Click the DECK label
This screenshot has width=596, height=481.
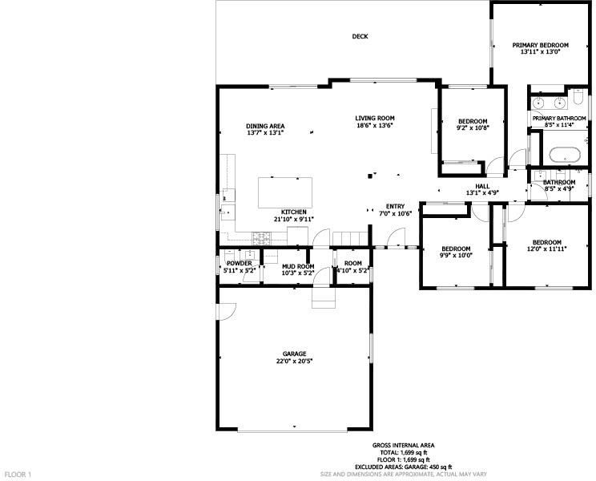tap(360, 37)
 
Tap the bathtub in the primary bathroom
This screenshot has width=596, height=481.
tap(565, 155)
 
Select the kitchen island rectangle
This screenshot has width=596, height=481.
tap(285, 192)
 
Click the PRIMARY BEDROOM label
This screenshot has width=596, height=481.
tap(540, 45)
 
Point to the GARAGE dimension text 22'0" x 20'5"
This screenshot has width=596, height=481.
tap(295, 362)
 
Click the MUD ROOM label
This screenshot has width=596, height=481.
tap(298, 266)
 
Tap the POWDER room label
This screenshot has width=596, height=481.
tap(239, 264)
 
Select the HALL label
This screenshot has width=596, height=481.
tap(483, 186)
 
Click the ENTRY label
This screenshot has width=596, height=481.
tap(395, 207)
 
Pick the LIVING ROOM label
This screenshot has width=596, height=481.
tap(375, 119)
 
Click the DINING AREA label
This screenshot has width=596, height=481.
tap(265, 126)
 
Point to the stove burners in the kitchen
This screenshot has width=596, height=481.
tap(262, 238)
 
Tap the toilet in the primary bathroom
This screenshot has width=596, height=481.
tap(578, 97)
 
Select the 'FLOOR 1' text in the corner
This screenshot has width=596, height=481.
tap(18, 475)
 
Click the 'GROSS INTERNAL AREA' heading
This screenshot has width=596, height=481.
tap(403, 445)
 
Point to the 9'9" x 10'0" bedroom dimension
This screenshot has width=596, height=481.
tap(456, 256)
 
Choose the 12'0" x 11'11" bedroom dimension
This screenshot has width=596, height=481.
tap(547, 249)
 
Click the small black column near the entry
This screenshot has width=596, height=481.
tap(369, 176)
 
